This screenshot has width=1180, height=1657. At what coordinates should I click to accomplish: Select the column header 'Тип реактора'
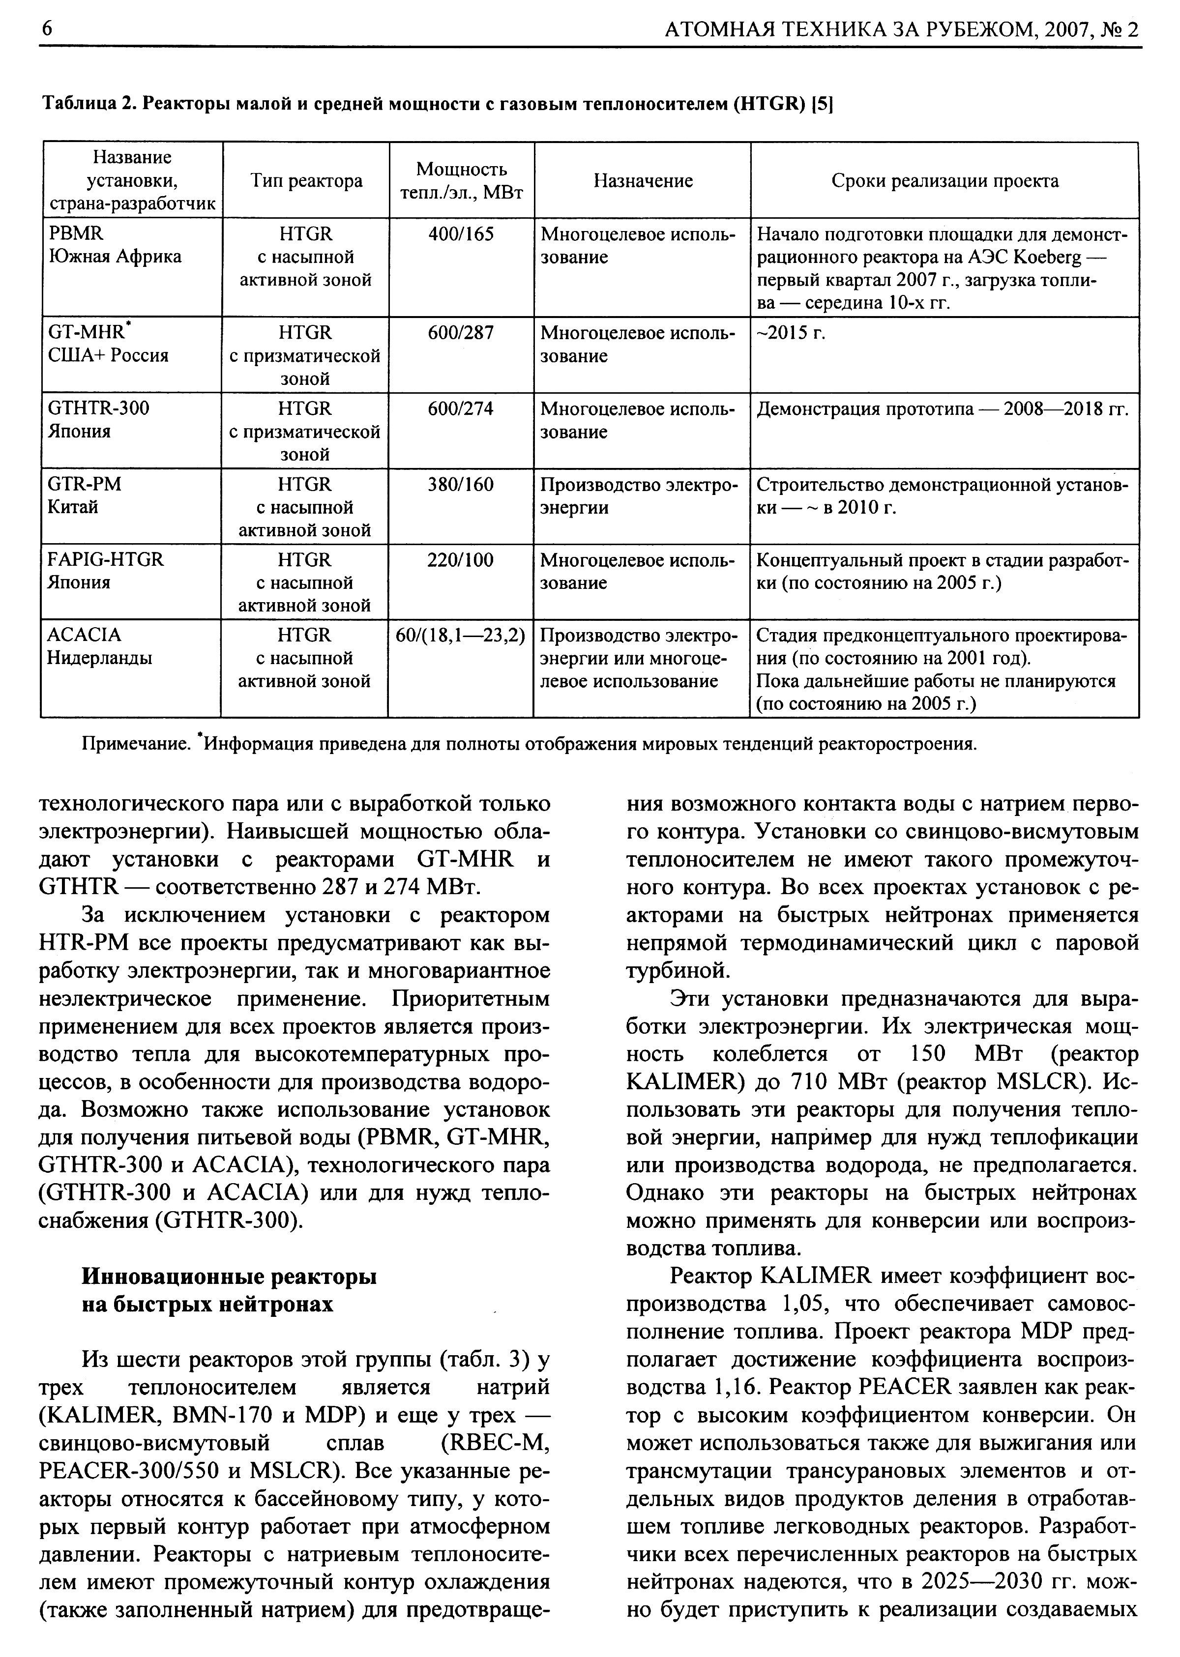306,181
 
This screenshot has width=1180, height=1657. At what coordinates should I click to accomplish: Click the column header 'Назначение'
643,181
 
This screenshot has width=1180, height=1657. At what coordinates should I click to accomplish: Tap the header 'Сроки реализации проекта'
944,181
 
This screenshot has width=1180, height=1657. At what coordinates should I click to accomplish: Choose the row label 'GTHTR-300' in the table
99,408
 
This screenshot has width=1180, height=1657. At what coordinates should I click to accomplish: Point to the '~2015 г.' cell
792,333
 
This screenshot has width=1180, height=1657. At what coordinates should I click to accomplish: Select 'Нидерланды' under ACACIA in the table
100,659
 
